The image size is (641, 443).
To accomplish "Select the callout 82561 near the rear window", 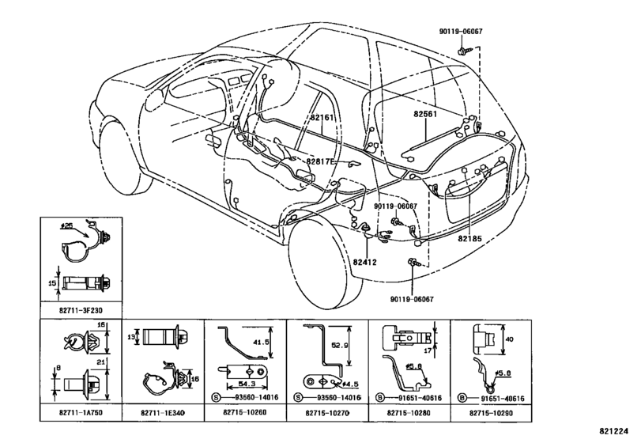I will pyautogui.click(x=425, y=114).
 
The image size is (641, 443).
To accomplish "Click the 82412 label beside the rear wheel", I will pyautogui.click(x=365, y=262).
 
